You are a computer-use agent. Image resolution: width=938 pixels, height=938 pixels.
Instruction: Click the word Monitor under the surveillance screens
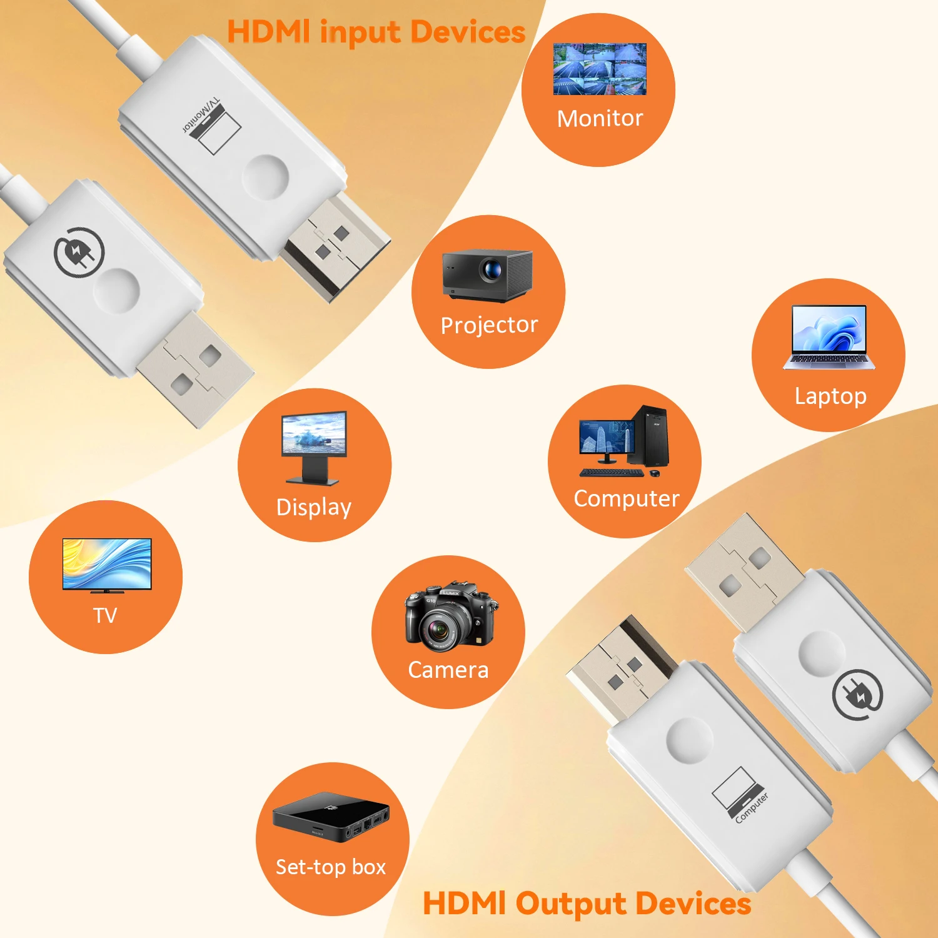pos(600,118)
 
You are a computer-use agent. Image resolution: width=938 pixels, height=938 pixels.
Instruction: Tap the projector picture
pos(488,274)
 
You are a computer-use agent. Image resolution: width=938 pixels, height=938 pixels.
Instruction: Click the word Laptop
pos(830,396)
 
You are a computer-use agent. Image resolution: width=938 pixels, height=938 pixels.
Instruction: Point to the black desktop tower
pos(648,436)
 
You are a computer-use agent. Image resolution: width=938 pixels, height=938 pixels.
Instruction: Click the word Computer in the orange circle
pos(627,498)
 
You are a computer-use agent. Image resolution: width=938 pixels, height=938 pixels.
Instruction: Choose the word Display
pos(314,507)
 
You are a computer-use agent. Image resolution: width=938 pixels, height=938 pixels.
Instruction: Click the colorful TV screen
pos(107,563)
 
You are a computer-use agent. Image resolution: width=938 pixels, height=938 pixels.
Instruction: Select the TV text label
pos(105,615)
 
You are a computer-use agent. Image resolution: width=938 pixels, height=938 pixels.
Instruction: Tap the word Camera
pos(448,670)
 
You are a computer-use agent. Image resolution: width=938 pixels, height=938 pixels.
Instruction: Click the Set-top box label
pos(331,867)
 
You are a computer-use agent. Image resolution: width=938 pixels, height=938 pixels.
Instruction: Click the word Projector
pos(489,325)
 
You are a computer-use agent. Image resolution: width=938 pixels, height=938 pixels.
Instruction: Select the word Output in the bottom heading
pos(571,904)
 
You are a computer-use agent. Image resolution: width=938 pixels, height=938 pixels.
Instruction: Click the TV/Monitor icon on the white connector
pos(213,125)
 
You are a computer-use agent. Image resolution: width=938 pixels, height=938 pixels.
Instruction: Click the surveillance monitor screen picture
pos(600,69)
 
